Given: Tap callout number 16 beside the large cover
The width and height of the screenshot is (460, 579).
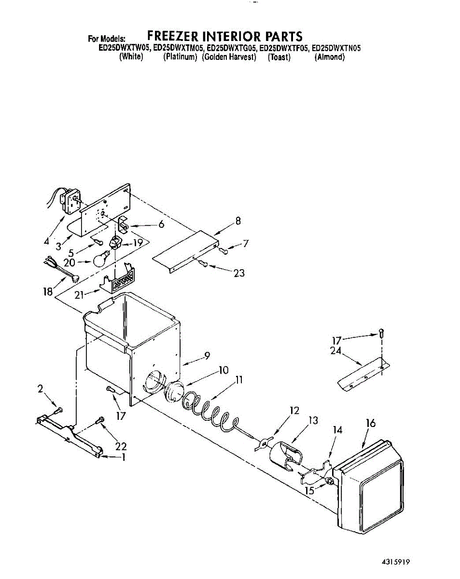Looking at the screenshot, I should pyautogui.click(x=370, y=423).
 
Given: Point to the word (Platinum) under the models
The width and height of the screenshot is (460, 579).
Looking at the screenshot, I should pyautogui.click(x=180, y=57).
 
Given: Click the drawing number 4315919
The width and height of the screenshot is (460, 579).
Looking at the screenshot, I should pyautogui.click(x=395, y=561).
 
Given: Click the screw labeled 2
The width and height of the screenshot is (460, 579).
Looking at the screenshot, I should pyautogui.click(x=58, y=410).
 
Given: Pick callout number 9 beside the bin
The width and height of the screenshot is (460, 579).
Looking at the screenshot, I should pyautogui.click(x=207, y=356).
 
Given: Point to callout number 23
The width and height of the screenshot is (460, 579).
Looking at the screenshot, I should pyautogui.click(x=238, y=273).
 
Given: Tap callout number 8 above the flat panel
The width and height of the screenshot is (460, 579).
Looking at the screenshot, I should pyautogui.click(x=238, y=221).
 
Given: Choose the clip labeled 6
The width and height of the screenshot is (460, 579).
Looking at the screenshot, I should pyautogui.click(x=123, y=225).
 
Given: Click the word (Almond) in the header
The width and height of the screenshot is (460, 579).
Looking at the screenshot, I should pyautogui.click(x=330, y=57).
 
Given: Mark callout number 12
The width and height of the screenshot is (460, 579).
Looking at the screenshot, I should pyautogui.click(x=294, y=411).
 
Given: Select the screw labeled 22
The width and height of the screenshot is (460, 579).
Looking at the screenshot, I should pyautogui.click(x=101, y=420).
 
